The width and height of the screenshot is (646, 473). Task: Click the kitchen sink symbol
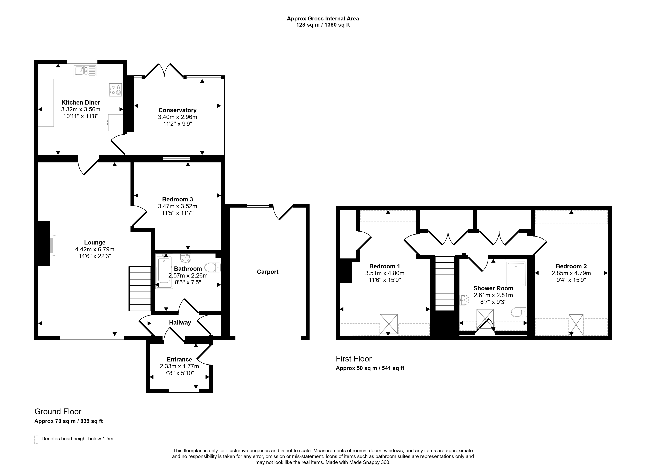[x=85, y=71]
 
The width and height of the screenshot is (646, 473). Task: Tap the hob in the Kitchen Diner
[x=116, y=90]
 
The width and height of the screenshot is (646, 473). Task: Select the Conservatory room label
[x=178, y=110]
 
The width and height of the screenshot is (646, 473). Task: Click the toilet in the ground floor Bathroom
[x=213, y=267]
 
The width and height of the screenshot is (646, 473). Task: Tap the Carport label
[x=268, y=272]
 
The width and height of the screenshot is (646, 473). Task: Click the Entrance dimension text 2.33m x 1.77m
[x=179, y=366]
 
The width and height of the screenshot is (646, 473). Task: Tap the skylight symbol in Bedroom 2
[x=576, y=325]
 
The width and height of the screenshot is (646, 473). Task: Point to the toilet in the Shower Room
[x=519, y=312]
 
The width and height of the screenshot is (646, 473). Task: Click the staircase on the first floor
[x=445, y=283]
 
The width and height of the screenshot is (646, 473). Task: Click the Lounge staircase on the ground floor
[x=140, y=288]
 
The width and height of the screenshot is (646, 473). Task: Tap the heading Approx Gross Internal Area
[x=323, y=19]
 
